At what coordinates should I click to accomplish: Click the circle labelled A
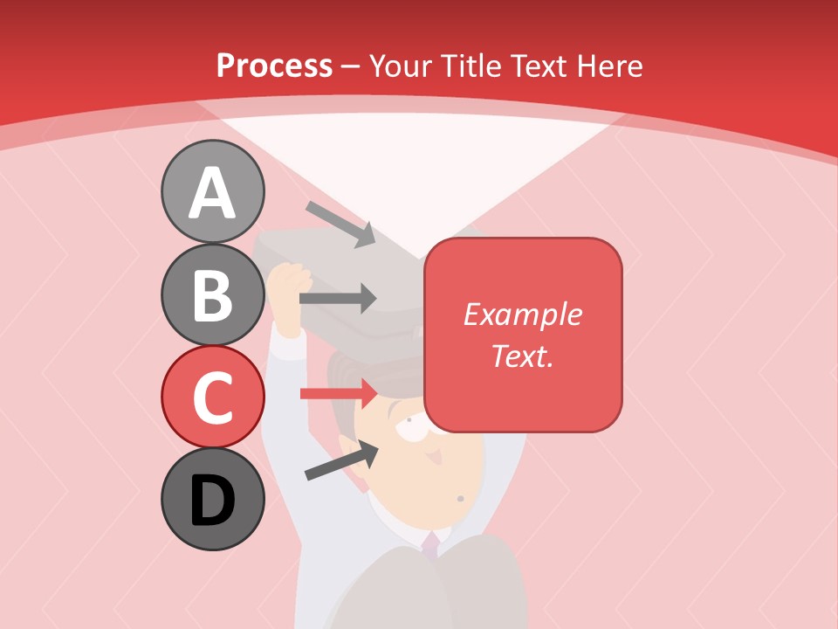tap(212, 191)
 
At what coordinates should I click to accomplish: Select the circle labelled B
tap(212, 294)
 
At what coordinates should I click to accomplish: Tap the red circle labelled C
tap(212, 397)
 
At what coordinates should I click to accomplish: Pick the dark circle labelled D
tap(212, 499)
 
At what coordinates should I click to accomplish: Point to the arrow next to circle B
tap(337, 299)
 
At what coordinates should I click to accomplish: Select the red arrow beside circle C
tap(339, 393)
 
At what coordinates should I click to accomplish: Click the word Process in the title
tap(274, 66)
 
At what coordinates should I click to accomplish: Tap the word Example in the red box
tap(522, 314)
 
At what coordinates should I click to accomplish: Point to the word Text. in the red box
tap(522, 356)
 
